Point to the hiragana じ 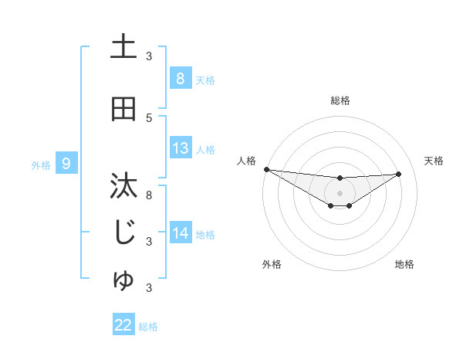[124, 232]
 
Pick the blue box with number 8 [180, 79]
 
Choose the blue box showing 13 [180, 148]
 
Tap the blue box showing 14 [180, 233]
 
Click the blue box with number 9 [66, 163]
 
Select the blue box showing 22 [123, 325]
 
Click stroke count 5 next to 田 [149, 117]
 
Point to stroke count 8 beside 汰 [149, 195]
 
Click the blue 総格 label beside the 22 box [148, 327]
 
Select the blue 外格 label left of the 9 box [40, 165]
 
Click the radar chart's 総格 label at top [340, 100]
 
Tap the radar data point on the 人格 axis [266, 169]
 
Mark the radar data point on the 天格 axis [398, 174]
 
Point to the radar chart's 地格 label [404, 264]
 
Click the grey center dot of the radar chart [340, 192]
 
